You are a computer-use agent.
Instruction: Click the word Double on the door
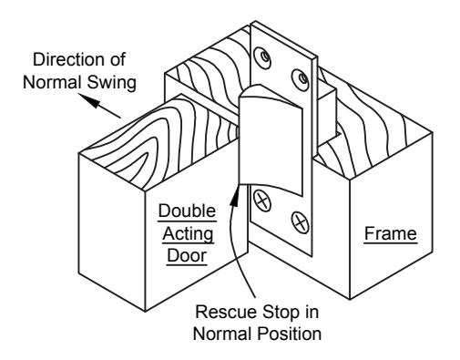click(187, 211)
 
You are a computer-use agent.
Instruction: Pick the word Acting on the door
click(188, 234)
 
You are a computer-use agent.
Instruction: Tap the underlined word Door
click(187, 255)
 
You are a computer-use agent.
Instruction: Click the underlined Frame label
click(391, 233)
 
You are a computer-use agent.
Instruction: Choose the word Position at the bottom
click(290, 334)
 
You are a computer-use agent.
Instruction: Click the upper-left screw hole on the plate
click(262, 57)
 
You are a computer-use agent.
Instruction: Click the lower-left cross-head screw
click(262, 201)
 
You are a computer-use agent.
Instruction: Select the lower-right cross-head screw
click(301, 222)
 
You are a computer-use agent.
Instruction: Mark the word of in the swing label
click(118, 59)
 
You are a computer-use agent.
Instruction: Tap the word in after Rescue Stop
click(312, 312)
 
